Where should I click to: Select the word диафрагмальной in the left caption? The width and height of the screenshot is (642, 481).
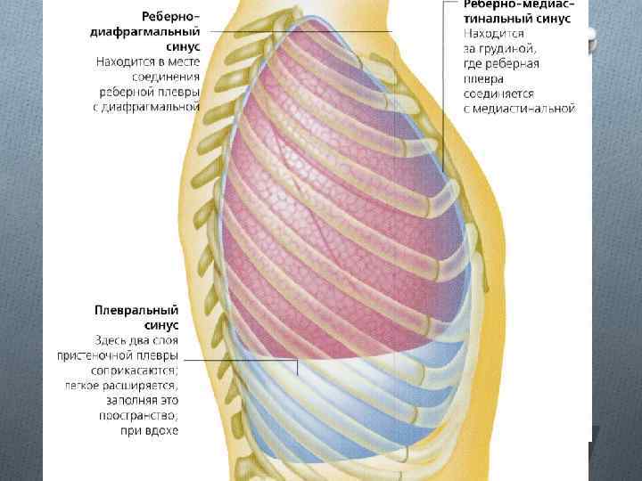(159, 106)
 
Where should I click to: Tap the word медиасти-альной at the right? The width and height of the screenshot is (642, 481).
(530, 108)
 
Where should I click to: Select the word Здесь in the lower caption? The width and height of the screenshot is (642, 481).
(113, 340)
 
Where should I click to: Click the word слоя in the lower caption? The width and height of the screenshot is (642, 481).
(166, 340)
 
